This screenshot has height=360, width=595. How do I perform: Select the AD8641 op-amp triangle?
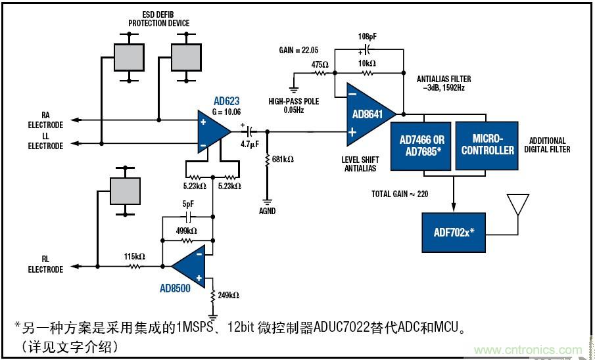[368, 114]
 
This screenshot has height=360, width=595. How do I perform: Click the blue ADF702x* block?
[453, 233]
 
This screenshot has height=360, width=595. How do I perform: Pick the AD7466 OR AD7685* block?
[421, 145]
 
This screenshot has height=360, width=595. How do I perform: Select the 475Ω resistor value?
[320, 64]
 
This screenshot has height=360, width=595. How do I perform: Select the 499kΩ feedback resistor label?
[187, 231]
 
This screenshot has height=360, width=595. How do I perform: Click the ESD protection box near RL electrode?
[124, 191]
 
